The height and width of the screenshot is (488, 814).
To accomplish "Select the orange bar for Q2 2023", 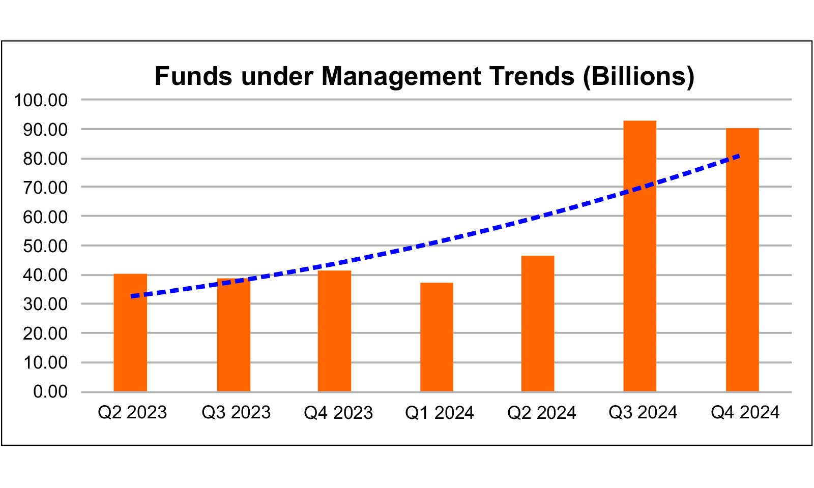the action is (x=130, y=332).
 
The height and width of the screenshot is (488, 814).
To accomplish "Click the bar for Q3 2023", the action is (x=234, y=335).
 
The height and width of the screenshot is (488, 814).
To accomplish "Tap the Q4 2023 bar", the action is (x=334, y=331).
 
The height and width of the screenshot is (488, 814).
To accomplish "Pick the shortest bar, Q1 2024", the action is (x=437, y=337).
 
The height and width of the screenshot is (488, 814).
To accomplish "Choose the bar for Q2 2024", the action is (x=538, y=323).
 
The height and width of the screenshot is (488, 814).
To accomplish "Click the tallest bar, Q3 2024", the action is (x=640, y=256).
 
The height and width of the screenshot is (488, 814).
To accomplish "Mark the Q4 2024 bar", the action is (x=742, y=260).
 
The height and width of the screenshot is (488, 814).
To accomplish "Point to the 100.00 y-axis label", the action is (x=41, y=100).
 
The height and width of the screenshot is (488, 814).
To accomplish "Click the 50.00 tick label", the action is (x=45, y=246).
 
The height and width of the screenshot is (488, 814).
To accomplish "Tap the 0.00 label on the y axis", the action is (x=50, y=392).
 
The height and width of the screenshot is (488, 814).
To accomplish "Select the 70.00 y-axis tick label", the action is (x=45, y=188).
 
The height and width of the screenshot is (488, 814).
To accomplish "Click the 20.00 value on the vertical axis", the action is (x=45, y=333).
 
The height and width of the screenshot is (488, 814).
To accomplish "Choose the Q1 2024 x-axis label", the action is (x=440, y=413).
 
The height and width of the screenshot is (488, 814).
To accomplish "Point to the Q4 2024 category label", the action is (x=745, y=412).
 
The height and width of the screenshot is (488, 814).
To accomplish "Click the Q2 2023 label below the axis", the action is (x=132, y=412).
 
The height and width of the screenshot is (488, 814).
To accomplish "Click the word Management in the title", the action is (x=401, y=77).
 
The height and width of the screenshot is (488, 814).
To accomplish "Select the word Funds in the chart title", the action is (x=193, y=76).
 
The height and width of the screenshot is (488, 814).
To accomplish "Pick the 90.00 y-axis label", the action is (x=45, y=130).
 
